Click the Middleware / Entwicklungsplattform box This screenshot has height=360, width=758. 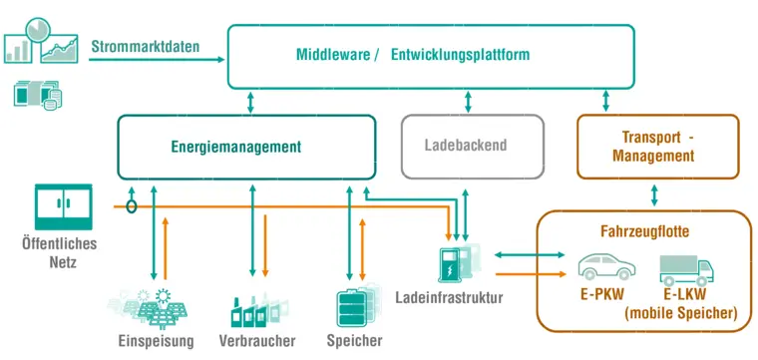431,55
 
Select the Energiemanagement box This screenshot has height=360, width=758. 246,147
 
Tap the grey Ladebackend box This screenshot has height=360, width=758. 472,147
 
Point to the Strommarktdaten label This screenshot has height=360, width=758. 145,46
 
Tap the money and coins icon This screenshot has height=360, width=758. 37,94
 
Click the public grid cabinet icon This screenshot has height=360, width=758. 63,206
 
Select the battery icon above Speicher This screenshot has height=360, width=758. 356,305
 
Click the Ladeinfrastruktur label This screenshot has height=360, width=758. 449,298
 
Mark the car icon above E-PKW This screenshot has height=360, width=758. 606,266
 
